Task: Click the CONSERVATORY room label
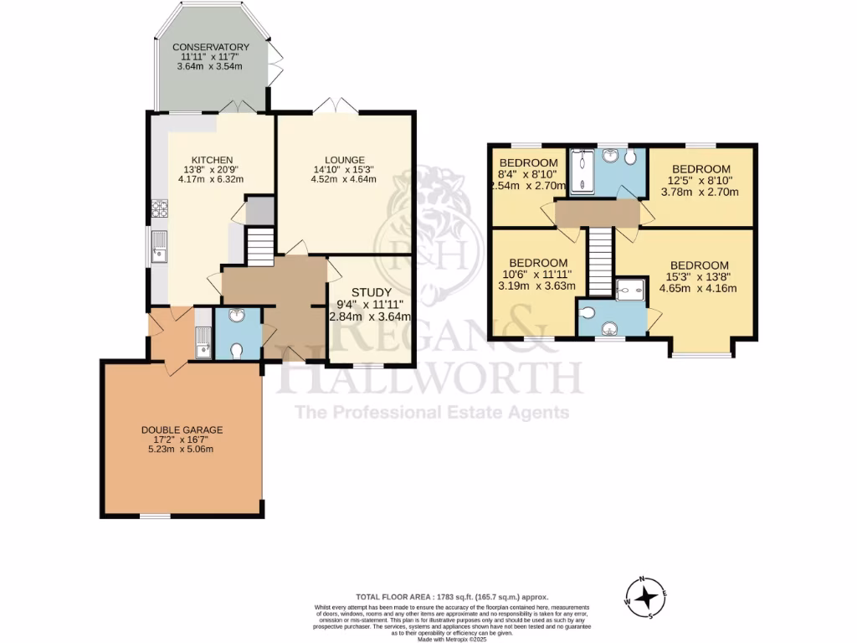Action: click(x=211, y=47)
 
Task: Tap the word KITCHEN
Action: click(x=212, y=161)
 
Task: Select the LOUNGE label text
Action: click(x=345, y=160)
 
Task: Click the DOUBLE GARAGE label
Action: click(x=182, y=430)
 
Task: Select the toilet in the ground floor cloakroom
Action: click(x=237, y=350)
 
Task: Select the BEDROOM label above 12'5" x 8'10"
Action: click(x=701, y=169)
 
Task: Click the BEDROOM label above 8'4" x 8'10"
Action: click(x=528, y=162)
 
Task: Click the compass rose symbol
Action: click(x=645, y=597)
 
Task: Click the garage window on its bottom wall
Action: click(x=151, y=516)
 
